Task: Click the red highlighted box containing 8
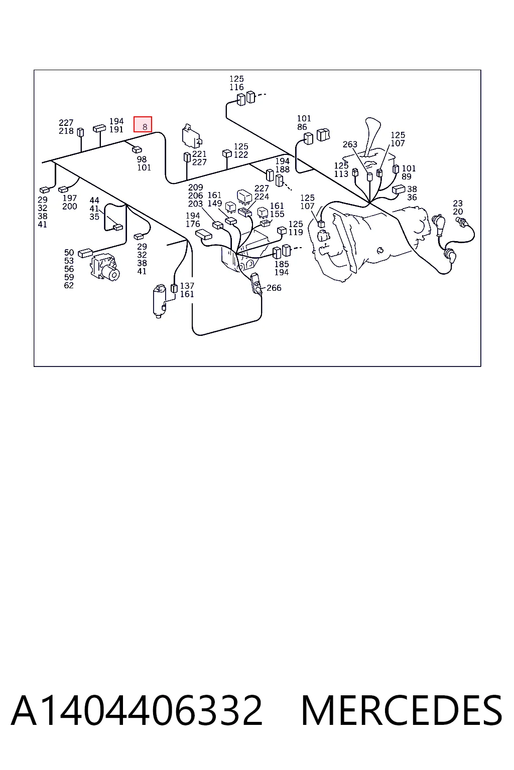[143, 124]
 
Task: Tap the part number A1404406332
[137, 710]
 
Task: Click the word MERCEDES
[402, 710]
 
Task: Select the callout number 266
[274, 288]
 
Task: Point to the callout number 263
[350, 144]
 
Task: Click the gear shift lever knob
[372, 125]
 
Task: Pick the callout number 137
[187, 286]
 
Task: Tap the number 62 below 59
[69, 285]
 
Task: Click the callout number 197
[70, 198]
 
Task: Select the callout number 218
[66, 131]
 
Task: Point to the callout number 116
[236, 87]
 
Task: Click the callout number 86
[302, 127]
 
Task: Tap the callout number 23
[458, 203]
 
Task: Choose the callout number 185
[281, 264]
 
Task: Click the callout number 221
[199, 154]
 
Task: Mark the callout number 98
[142, 159]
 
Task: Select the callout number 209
[196, 187]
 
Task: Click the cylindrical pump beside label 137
[159, 301]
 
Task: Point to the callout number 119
[296, 233]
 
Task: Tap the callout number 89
[406, 176]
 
